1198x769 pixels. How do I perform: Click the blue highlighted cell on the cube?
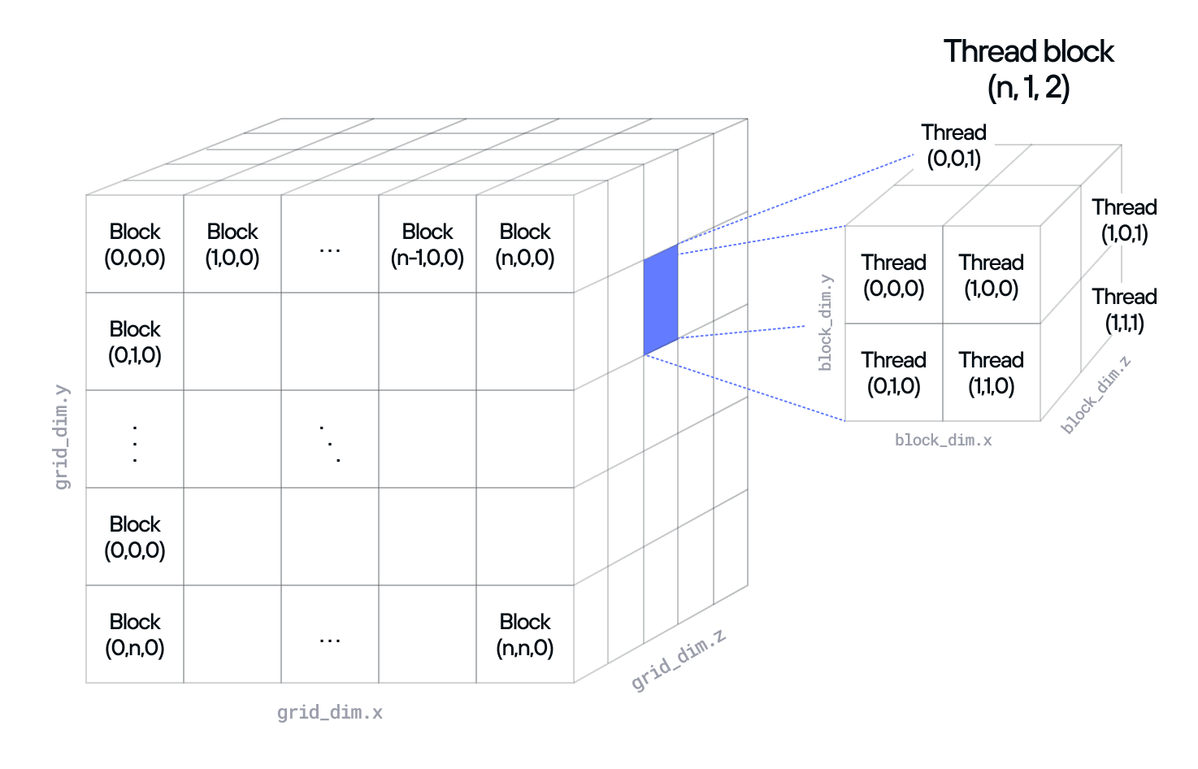661,299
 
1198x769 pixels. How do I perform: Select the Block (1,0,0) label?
232,245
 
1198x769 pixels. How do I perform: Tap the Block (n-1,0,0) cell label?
428,245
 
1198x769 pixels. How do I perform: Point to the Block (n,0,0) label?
525,245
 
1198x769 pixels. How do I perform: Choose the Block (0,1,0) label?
135,342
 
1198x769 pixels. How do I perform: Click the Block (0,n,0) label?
135,635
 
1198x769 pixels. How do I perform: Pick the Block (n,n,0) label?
525,635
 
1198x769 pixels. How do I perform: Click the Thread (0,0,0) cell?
894,275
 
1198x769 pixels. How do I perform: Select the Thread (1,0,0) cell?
991,275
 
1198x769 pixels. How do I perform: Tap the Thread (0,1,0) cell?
894,372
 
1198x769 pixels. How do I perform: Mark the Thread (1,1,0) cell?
991,372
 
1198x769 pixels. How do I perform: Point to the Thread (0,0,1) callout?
953,146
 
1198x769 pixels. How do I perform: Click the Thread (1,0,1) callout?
1124,220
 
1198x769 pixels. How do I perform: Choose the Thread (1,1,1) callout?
1124,310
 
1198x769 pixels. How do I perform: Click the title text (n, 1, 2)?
1028,87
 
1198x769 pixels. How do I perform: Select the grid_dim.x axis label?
329,713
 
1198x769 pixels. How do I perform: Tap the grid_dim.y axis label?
62,437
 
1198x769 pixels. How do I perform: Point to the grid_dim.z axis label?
679,659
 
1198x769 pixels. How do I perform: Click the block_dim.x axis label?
944,440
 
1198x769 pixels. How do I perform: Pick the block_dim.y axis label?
826,323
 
